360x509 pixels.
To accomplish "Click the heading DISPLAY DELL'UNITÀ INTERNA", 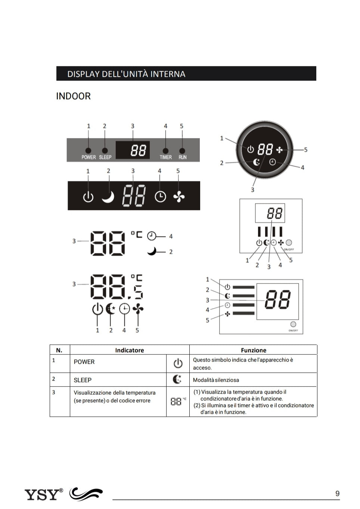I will click(126, 74).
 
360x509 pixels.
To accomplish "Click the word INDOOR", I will click(73, 96).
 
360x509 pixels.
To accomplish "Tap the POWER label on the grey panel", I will click(89, 157).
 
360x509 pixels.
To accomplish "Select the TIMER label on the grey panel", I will click(165, 157).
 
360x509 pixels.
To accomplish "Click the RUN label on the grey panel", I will click(182, 157).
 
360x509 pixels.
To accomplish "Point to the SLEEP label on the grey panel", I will click(105, 157).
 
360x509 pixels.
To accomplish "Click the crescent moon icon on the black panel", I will click(108, 196).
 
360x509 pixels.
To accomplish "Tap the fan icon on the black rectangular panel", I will click(179, 196).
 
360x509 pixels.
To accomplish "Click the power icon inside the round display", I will click(250, 149).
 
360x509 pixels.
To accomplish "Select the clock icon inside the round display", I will click(273, 162).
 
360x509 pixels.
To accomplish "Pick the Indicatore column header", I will click(129, 350).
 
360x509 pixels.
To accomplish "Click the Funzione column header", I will click(254, 350).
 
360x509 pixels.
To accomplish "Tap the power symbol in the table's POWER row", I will click(178, 363).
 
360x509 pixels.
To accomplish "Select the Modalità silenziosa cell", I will click(216, 380).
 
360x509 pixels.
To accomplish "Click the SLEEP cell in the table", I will click(83, 380).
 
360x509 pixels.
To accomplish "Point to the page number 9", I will click(337, 493).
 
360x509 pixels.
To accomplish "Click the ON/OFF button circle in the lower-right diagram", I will click(293, 324).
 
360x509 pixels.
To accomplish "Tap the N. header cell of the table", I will click(59, 350).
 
